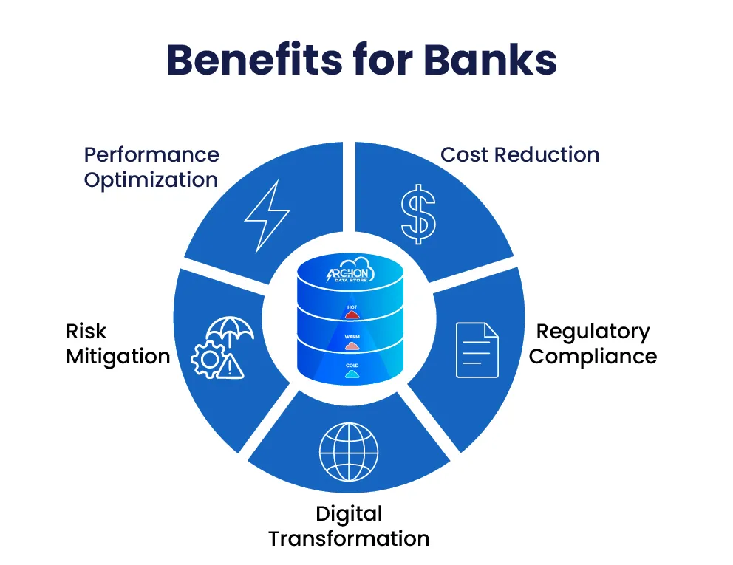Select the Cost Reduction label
tap(519, 155)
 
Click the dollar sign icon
tap(418, 213)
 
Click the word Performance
tap(151, 155)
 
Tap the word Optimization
tap(151, 180)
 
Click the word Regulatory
tap(593, 332)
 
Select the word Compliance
tap(593, 357)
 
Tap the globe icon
tap(348, 451)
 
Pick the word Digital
tap(349, 514)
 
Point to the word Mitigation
tap(118, 357)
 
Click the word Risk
tap(86, 332)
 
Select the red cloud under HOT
tap(351, 314)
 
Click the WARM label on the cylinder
tap(351, 335)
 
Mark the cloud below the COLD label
tap(351, 374)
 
